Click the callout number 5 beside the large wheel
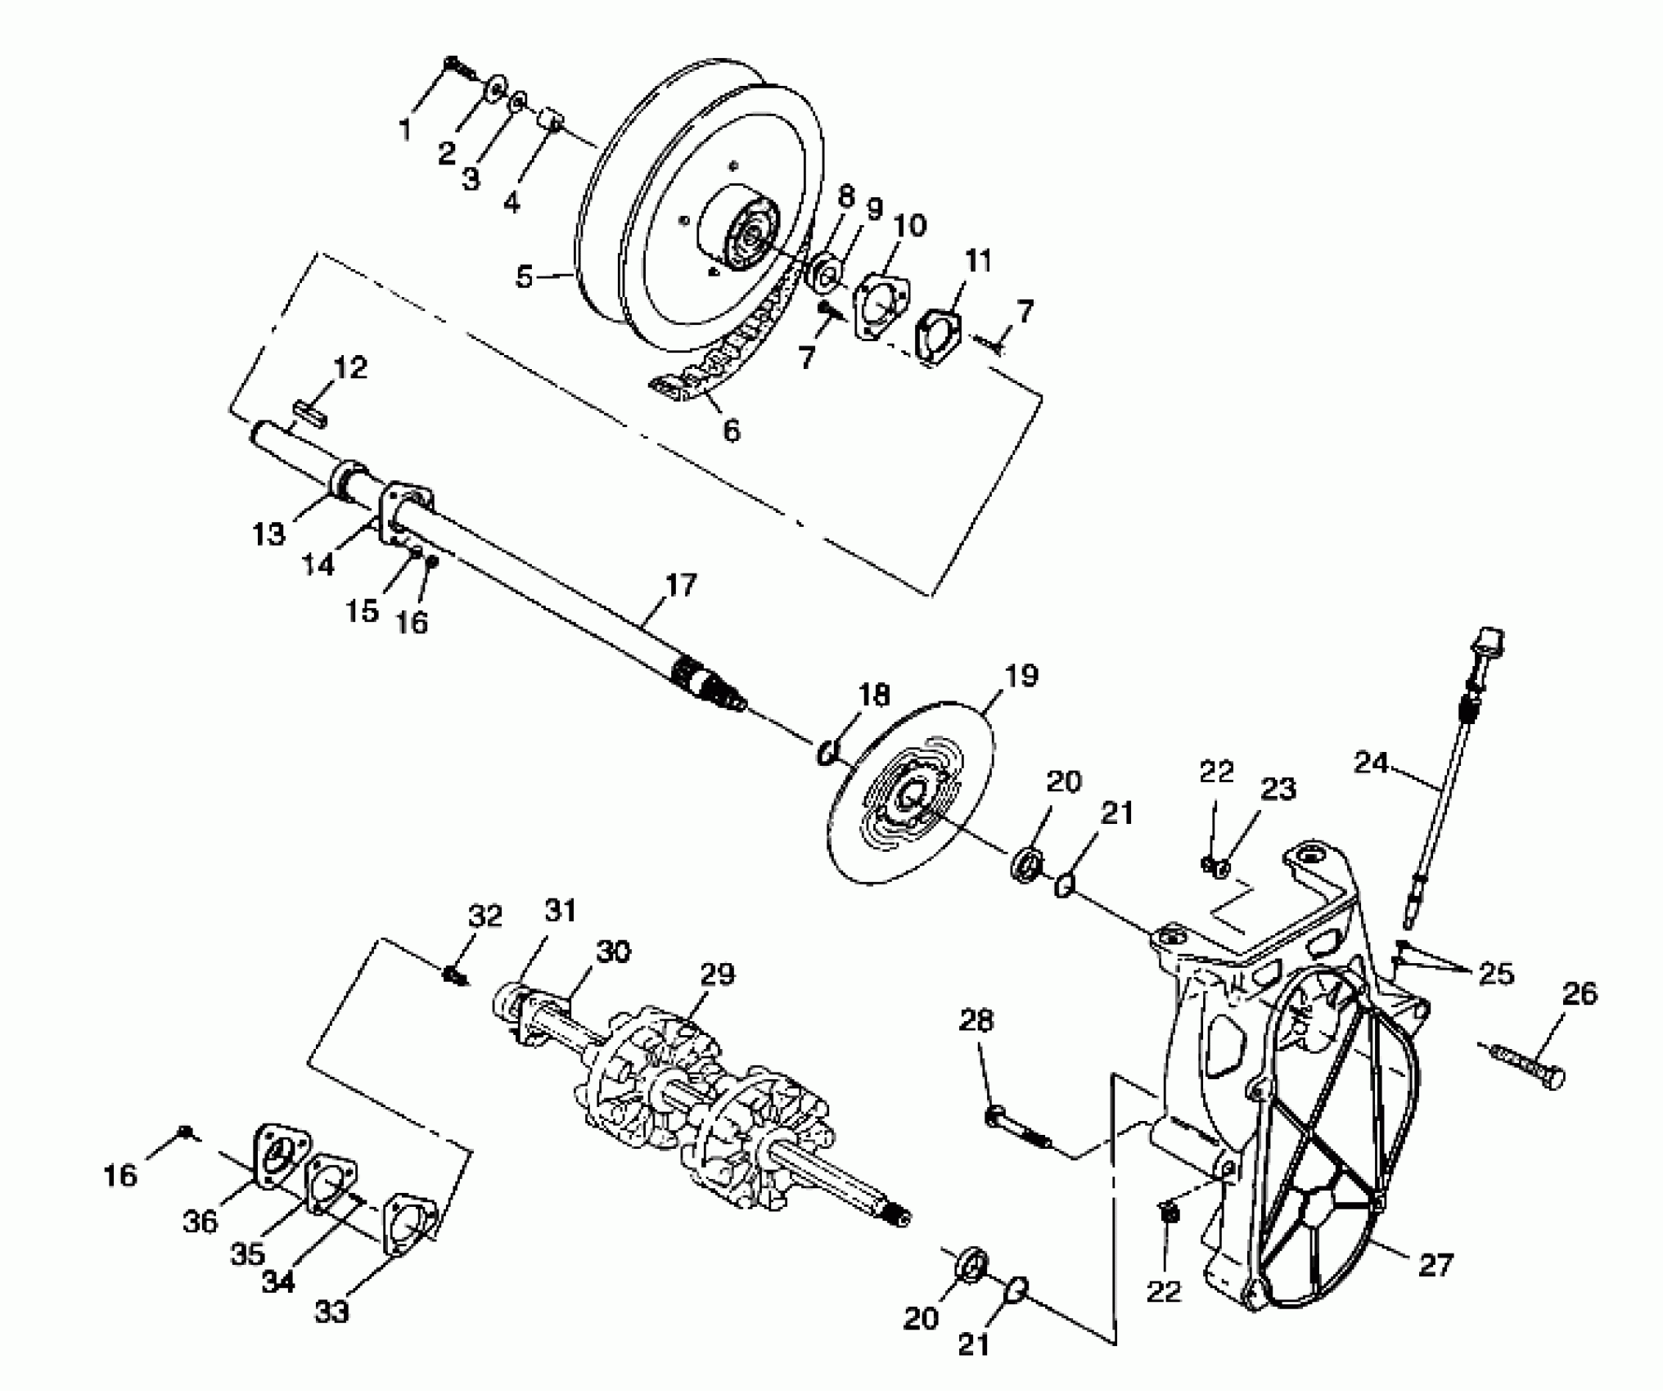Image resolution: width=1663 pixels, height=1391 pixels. (525, 277)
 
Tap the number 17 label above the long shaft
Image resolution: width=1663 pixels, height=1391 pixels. (681, 585)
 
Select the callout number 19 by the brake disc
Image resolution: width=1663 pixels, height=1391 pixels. (1022, 676)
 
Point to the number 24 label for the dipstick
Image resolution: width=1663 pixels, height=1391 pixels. (1371, 763)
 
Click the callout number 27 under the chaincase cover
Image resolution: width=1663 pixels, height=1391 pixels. (1435, 1265)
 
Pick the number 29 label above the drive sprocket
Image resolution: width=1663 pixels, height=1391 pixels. (718, 975)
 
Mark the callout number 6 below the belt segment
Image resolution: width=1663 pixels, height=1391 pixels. (731, 430)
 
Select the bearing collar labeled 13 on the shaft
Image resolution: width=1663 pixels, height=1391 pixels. (349, 481)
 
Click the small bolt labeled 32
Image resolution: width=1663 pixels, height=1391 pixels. (453, 976)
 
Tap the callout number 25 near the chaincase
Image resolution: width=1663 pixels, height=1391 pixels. (1495, 973)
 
